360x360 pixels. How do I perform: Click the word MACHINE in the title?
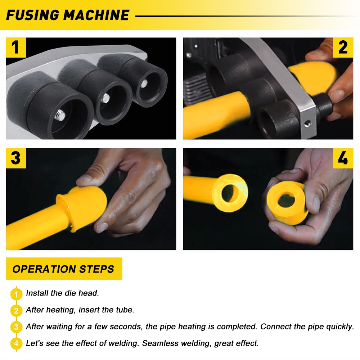[x=96, y=15]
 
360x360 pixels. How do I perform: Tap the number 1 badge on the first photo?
[x=16, y=48]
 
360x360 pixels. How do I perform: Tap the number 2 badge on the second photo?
[x=343, y=48]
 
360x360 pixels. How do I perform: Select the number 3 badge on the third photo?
[x=16, y=158]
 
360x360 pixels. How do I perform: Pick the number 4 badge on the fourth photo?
[x=343, y=158]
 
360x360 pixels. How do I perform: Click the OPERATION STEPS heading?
[x=63, y=269]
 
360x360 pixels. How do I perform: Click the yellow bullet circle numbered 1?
[x=16, y=294]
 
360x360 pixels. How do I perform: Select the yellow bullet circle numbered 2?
[x=16, y=311]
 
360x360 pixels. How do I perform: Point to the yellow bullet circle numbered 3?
[x=16, y=327]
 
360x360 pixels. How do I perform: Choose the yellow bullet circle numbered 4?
[x=16, y=343]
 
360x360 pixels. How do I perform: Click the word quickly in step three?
[x=341, y=327]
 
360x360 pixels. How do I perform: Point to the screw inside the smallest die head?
[x=144, y=84]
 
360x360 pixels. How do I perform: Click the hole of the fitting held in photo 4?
[x=286, y=200]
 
